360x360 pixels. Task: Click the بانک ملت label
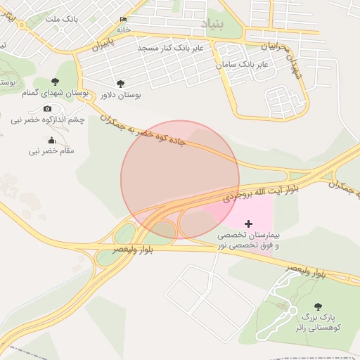click(60, 19)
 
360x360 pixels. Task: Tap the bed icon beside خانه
click(124, 19)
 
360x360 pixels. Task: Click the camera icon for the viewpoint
click(47, 108)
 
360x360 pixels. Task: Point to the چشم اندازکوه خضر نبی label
click(47, 120)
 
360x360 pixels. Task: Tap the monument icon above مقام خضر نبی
click(51, 140)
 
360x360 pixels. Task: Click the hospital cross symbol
click(247, 224)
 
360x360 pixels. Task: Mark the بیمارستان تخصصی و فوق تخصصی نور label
click(247, 239)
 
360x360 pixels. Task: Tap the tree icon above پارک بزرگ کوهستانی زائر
click(318, 306)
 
